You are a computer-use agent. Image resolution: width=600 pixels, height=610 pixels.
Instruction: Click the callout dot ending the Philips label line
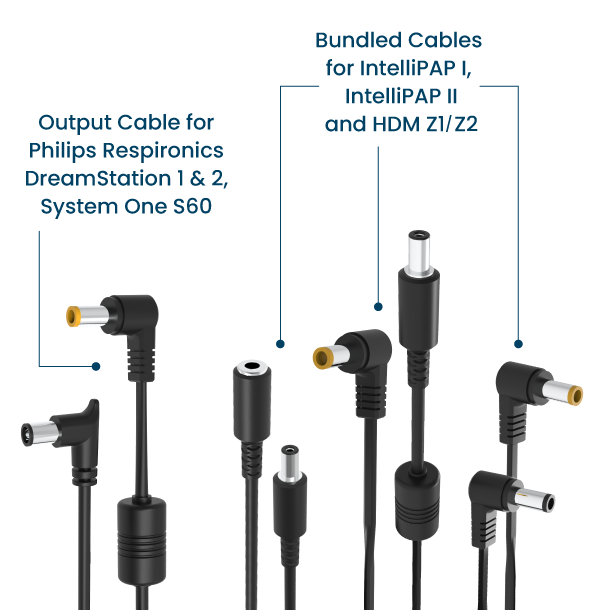pos(96,365)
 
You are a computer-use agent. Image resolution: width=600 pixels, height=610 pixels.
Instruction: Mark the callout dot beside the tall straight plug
pos(378,305)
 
